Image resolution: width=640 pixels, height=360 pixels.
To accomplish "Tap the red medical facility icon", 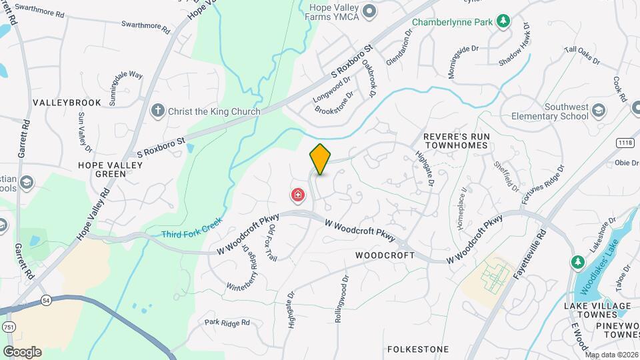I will tap(297, 195).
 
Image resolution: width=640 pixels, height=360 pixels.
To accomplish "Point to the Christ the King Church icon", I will tap(157, 111).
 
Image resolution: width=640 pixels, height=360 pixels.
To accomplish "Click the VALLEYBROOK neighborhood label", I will tap(67, 103).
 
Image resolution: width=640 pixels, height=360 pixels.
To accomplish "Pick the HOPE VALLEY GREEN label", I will tap(102, 169).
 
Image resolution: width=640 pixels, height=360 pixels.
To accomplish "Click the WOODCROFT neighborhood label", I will tap(385, 255).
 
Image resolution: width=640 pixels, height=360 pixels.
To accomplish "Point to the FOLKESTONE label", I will tap(417, 349).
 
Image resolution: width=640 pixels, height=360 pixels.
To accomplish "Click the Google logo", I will tap(22, 351).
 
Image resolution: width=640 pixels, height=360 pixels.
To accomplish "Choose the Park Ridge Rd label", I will tap(227, 323).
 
